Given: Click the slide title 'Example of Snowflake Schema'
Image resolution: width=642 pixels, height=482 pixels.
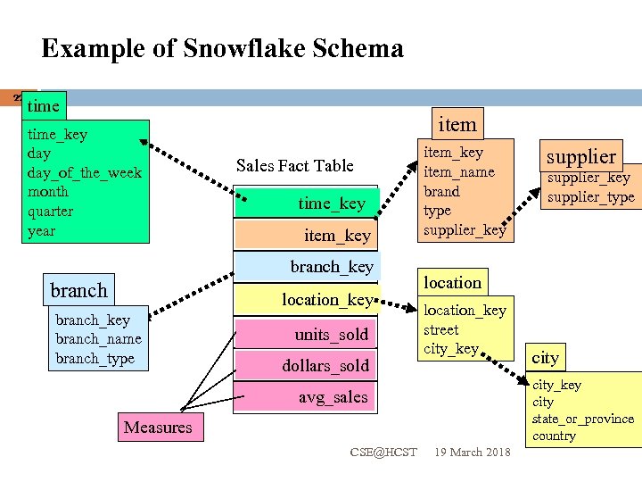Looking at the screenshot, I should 222,48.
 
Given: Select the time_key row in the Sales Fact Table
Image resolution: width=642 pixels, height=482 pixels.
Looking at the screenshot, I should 305,204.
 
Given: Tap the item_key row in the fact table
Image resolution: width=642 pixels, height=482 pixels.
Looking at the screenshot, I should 305,235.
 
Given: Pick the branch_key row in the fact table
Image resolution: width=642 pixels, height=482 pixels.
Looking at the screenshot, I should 305,266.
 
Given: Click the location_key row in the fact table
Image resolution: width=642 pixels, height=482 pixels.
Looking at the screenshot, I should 305,300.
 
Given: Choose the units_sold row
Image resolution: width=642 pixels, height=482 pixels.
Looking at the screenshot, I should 305,334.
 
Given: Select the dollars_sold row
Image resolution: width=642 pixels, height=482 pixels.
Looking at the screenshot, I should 305,365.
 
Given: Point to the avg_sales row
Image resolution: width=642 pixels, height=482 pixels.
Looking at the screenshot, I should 305,396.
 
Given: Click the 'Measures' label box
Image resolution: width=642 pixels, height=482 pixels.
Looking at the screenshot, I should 158,428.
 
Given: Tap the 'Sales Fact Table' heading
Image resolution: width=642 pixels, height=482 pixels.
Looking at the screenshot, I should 294,165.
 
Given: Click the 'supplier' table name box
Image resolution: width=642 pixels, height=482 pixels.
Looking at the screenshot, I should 580,156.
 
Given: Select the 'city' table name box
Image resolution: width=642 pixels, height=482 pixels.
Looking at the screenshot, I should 545,358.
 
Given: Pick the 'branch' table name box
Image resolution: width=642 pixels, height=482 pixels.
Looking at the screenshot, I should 78,290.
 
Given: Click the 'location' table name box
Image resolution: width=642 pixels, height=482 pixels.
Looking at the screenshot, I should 452,282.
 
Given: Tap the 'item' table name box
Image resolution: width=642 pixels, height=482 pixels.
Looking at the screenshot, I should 457,124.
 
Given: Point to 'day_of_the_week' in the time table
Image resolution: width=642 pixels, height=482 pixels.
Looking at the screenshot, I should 85,172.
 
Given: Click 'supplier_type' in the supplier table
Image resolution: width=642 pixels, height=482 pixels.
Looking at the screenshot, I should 591,196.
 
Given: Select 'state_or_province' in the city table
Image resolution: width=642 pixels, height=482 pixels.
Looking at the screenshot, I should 582,419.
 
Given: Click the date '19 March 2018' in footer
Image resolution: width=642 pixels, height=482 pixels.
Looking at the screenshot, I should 472,453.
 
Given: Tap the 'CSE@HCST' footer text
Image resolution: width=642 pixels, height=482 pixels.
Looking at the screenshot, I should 383,453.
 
